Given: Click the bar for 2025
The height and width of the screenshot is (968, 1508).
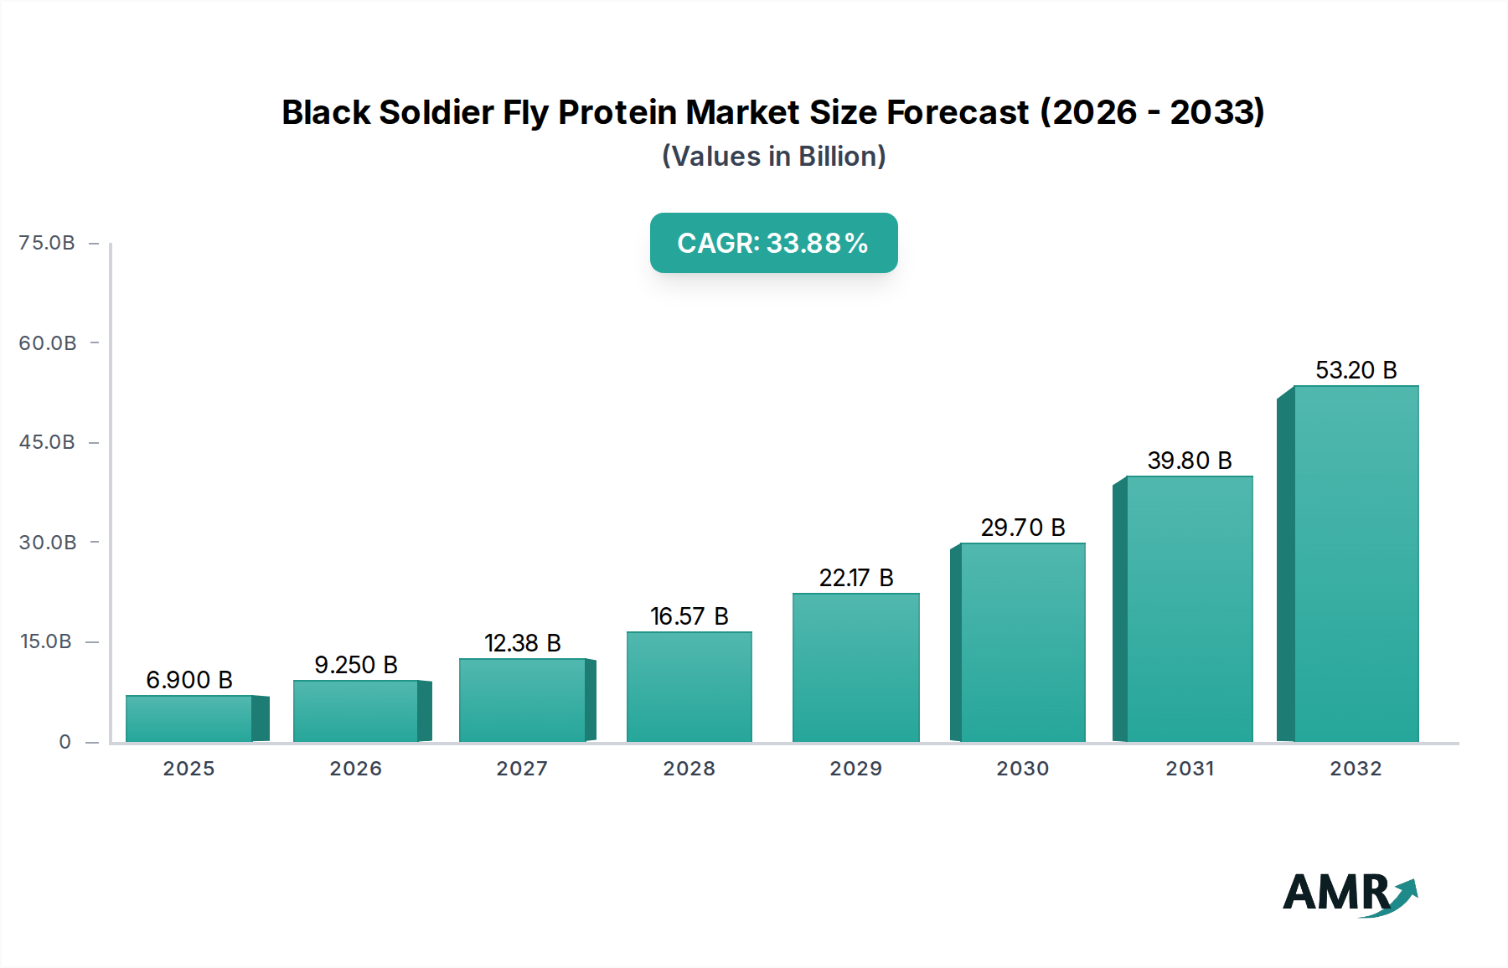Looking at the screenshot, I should tap(189, 718).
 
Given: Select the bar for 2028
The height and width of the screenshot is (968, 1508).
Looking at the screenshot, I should tap(689, 687).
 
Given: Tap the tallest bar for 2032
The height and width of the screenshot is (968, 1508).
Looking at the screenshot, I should tap(1356, 564).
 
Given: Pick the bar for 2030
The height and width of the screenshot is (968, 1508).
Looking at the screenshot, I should tap(1022, 642).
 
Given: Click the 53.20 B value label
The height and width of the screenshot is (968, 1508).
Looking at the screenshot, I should tap(1356, 370).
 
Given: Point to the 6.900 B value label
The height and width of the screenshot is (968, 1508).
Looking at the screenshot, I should tap(189, 680).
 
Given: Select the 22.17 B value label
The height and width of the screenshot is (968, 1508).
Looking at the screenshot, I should tap(856, 578).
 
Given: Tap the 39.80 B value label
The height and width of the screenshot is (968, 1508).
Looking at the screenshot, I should tap(1190, 461).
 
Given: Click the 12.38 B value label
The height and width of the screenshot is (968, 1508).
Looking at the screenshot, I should tap(523, 643).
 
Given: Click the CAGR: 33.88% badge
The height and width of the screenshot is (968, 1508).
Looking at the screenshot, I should tap(773, 243).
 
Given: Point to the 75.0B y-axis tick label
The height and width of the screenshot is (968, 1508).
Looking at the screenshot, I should tap(47, 243).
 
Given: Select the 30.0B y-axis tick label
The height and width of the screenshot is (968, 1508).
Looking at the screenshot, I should tap(48, 543).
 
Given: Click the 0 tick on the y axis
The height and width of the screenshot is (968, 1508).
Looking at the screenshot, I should tap(65, 742).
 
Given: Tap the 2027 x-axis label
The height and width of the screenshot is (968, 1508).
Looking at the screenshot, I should tap(522, 769).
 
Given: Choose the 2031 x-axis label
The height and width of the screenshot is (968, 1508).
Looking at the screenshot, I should tap(1190, 769).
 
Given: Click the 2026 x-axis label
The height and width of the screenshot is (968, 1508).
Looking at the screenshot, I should tap(355, 769).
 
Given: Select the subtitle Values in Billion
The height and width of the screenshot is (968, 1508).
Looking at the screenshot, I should tap(773, 157).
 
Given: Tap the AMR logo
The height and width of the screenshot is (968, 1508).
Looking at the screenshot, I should tap(1350, 893).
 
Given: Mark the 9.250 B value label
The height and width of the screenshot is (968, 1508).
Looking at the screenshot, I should tap(356, 665).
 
